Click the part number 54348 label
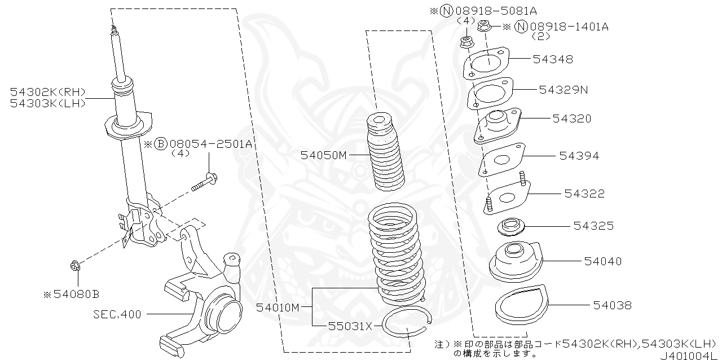point(553,59)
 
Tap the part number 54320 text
point(572,118)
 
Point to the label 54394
point(579,156)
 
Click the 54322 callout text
point(584,194)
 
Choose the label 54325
point(593,226)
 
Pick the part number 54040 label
point(602,261)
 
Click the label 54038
point(612,305)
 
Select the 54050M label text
point(323,154)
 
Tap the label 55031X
point(350,326)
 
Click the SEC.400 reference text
point(117,314)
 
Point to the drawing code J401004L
point(688,355)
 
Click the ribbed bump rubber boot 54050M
point(385,152)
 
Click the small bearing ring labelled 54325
point(512,226)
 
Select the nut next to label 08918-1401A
point(484,25)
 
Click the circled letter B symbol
point(160,144)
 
